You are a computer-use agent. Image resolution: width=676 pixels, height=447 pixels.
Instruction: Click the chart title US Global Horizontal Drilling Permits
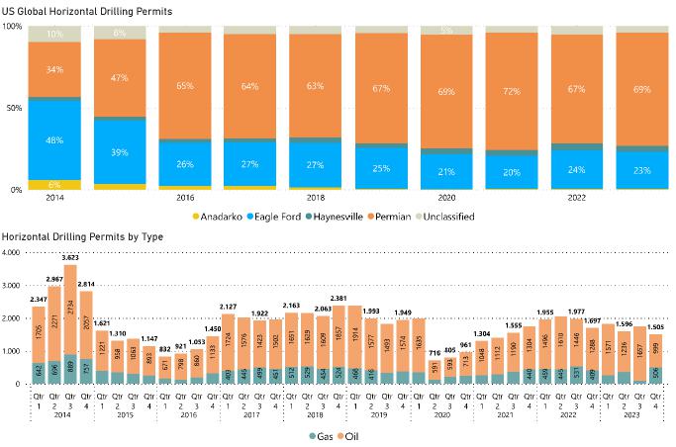click(87, 10)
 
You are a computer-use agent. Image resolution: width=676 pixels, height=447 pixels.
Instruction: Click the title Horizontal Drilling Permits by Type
click(84, 237)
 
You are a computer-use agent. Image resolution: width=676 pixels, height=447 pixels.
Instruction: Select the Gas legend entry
click(321, 436)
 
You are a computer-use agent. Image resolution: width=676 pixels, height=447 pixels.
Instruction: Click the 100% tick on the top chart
click(13, 26)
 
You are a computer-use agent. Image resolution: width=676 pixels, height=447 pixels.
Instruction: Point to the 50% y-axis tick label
click(15, 108)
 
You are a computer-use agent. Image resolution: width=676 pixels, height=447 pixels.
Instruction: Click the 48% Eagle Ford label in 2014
click(55, 139)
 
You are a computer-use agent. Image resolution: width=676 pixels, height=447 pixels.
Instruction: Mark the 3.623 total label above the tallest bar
click(70, 257)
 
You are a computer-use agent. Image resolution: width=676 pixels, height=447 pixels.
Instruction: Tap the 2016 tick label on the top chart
click(184, 198)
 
